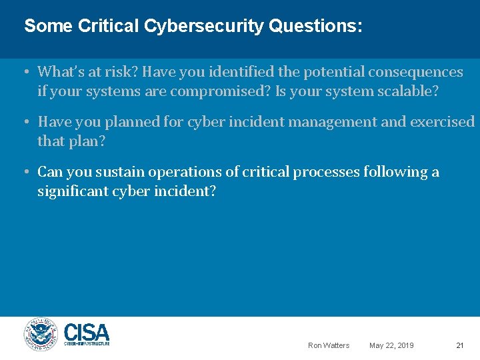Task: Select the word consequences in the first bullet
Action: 417,72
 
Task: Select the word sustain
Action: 120,172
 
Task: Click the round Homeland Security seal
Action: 41,335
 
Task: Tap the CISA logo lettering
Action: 87,332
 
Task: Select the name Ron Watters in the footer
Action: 328,345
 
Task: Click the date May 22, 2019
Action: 391,345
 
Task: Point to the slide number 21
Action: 459,345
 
